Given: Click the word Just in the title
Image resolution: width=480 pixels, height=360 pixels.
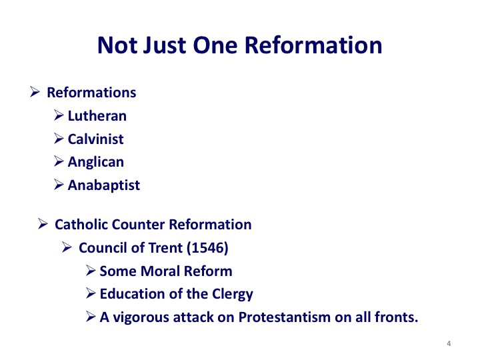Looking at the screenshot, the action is coord(165,45).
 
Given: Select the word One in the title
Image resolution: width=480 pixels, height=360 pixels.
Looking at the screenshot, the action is coord(215,45).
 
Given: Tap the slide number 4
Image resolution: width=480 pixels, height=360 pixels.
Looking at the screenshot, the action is coord(449,343).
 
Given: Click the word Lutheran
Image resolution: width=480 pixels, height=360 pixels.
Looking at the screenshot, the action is coord(97,116).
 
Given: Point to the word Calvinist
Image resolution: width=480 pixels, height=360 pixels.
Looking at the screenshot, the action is coord(95,139).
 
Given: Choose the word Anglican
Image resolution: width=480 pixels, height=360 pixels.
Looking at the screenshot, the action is coord(96,162).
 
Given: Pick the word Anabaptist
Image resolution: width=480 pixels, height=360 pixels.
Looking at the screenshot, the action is coord(104,185).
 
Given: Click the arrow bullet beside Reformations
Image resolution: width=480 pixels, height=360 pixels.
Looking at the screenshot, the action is coord(35,92).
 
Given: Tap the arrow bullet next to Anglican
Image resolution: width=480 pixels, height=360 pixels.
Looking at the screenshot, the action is coord(59,161).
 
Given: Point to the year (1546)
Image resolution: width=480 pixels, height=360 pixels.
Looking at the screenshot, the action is coord(207,248).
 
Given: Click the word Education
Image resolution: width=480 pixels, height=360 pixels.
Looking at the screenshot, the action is coord(133,294).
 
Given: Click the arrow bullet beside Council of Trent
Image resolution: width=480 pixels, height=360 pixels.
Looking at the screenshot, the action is coord(67,247).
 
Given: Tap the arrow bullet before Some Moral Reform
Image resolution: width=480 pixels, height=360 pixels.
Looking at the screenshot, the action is coord(91,270).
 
